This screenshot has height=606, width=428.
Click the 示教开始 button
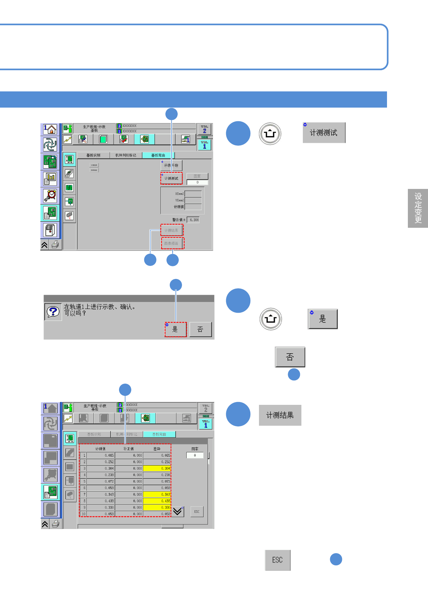pyautogui.click(x=171, y=166)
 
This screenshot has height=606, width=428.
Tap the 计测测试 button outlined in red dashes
pyautogui.click(x=172, y=178)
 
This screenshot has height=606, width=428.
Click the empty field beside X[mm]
pyautogui.click(x=193, y=194)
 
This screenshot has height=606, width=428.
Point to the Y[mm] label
pyautogui.click(x=179, y=200)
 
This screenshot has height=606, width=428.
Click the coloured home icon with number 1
pyautogui.click(x=50, y=129)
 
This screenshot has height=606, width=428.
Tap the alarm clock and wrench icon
pyautogui.click(x=50, y=195)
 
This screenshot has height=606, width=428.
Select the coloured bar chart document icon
pyautogui.click(x=50, y=178)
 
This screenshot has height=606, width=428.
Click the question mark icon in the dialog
pyautogui.click(x=53, y=312)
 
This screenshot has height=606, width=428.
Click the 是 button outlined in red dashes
pyautogui.click(x=176, y=329)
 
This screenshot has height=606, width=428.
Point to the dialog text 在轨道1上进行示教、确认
pyautogui.click(x=99, y=307)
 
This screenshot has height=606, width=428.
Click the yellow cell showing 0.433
pyautogui.click(x=157, y=501)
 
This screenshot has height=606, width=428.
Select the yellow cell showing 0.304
pyautogui.click(x=157, y=469)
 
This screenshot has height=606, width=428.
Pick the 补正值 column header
pyautogui.click(x=128, y=449)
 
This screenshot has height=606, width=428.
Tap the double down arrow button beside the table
pyautogui.click(x=178, y=511)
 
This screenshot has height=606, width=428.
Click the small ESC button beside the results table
pyautogui.click(x=197, y=512)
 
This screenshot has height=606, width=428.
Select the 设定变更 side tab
pyautogui.click(x=418, y=208)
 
